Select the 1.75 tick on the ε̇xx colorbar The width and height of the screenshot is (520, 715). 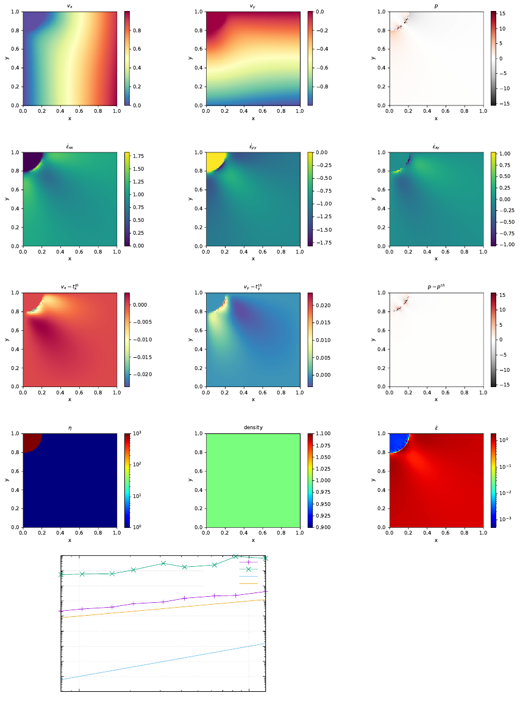(x=138, y=156)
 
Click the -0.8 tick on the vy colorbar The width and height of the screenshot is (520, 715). (x=321, y=87)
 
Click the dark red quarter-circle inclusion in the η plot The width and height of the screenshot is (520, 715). (x=30, y=441)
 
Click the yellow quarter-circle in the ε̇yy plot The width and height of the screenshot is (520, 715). (x=214, y=160)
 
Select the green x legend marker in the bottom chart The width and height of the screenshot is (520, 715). (x=249, y=569)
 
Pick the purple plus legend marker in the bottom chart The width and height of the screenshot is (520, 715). (x=249, y=562)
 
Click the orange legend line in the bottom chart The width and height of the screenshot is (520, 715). (x=249, y=583)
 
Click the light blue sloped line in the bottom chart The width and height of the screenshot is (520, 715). (x=165, y=661)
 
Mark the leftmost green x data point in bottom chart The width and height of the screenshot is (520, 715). (x=62, y=574)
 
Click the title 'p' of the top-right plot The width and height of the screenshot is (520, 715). (x=435, y=6)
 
